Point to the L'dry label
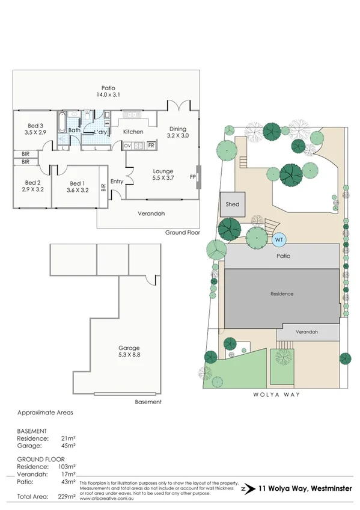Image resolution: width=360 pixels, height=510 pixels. (100, 132)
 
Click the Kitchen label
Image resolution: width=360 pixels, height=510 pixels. (133, 132)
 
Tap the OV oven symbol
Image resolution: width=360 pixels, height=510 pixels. (127, 146)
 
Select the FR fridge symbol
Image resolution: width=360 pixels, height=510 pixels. (151, 146)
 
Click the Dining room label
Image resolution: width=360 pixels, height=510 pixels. (177, 129)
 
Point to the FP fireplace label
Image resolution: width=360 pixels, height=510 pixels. (193, 177)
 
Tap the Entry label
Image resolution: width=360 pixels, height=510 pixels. (117, 181)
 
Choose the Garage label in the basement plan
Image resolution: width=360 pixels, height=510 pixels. (129, 348)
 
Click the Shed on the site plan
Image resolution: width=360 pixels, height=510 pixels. (233, 204)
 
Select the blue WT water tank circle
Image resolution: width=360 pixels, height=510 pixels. (278, 239)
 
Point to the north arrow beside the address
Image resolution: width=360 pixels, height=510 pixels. (243, 490)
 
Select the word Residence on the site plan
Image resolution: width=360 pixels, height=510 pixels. (281, 293)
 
